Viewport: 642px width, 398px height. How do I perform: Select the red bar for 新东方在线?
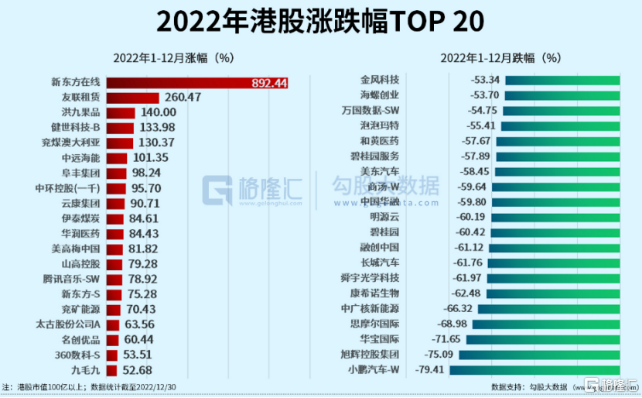pyautogui.click(x=178, y=83)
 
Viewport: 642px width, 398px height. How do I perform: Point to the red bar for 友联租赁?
pyautogui.click(x=132, y=98)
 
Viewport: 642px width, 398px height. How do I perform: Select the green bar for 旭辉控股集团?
pyautogui.click(x=541, y=354)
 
